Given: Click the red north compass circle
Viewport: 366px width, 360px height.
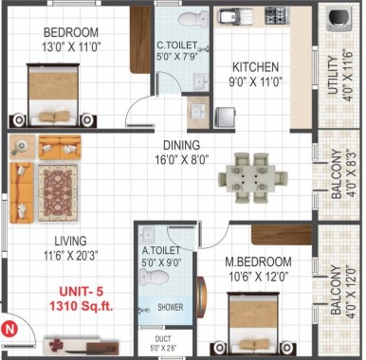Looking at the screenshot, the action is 9,330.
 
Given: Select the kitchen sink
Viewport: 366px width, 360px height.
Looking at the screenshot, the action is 235,16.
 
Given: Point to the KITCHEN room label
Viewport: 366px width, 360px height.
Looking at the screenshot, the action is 255,67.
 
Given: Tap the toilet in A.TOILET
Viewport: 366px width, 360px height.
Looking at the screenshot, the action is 154,279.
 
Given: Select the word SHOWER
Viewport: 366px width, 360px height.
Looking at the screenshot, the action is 171,307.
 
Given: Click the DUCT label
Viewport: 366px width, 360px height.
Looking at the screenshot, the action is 163,339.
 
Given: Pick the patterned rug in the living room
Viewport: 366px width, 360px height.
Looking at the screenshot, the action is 58,192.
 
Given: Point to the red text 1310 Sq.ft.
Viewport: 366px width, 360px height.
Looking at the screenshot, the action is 81,306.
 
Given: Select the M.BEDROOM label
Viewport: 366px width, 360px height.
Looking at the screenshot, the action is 258,261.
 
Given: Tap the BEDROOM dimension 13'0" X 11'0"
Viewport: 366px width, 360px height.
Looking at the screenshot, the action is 71,47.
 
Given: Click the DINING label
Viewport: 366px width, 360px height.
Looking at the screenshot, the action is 181,145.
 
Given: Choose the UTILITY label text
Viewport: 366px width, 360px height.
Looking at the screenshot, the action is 333,75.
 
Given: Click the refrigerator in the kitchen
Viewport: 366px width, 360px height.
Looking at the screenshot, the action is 226,117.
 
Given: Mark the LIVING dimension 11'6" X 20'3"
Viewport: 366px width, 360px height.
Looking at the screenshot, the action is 70,255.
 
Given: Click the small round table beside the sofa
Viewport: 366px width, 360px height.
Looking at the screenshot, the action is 22,146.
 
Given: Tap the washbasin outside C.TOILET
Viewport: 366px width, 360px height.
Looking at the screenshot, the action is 198,112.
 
